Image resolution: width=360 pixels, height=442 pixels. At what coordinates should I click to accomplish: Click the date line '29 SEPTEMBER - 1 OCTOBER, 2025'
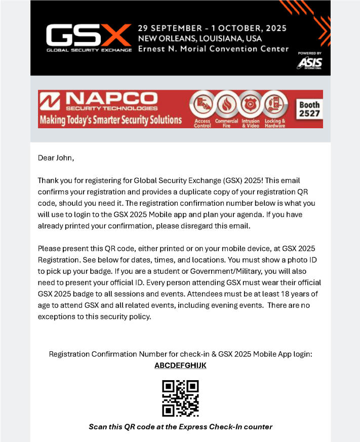tap(212, 27)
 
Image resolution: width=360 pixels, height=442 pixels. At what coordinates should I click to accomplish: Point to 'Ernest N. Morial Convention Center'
tap(213, 49)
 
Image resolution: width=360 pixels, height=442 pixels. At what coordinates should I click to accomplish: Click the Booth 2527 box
tap(309, 109)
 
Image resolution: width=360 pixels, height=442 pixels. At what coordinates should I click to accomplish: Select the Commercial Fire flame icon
tap(226, 105)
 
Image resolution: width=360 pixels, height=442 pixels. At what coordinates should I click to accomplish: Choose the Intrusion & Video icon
tap(250, 105)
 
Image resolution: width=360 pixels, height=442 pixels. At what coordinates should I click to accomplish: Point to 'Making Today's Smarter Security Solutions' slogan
tap(110, 121)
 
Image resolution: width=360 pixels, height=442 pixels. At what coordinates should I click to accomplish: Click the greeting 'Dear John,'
tap(56, 158)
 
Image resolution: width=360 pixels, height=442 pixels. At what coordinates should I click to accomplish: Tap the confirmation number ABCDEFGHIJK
tap(180, 365)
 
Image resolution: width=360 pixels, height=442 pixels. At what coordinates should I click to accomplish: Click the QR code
tap(180, 398)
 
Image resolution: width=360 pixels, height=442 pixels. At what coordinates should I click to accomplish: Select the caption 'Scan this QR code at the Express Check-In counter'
tap(180, 427)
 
